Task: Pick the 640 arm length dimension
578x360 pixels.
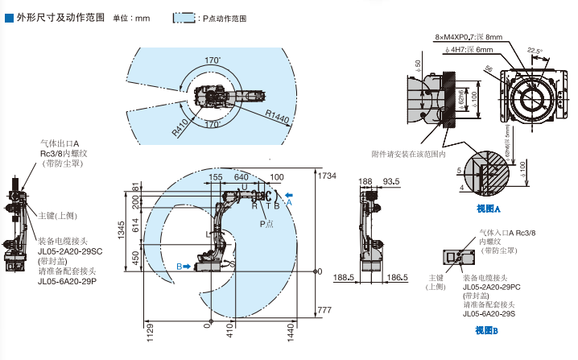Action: (x=241, y=177)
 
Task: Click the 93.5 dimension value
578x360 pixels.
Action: (x=391, y=182)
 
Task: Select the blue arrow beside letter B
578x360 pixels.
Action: (x=186, y=265)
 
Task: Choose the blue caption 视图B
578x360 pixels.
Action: (x=487, y=330)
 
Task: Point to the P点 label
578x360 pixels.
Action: (x=266, y=223)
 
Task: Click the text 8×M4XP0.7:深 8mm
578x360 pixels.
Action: (x=468, y=37)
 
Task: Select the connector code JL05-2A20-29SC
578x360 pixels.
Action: (x=70, y=251)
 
